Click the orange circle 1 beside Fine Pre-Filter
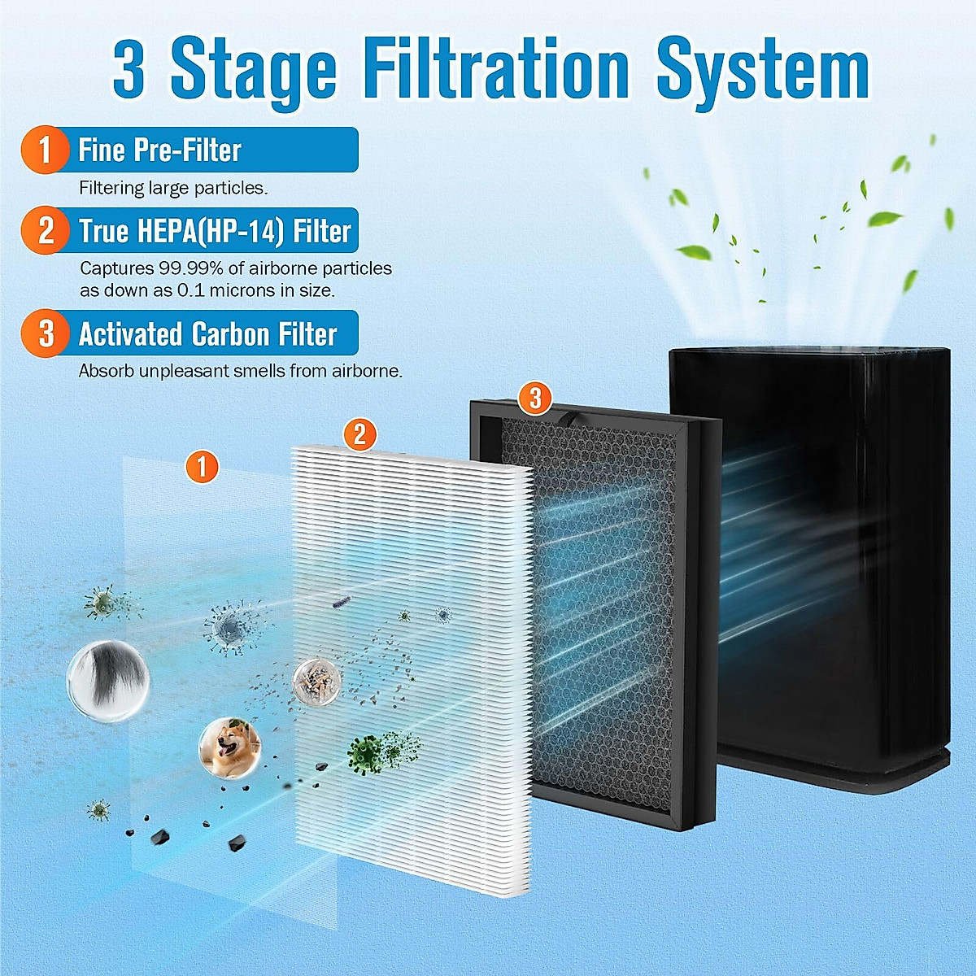45,150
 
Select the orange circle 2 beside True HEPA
46,230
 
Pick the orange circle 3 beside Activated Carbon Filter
46,333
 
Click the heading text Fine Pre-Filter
159,150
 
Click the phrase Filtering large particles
173,188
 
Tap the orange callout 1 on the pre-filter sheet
202,467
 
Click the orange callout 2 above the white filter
359,434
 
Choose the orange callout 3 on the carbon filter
535,398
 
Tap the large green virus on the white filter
366,752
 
